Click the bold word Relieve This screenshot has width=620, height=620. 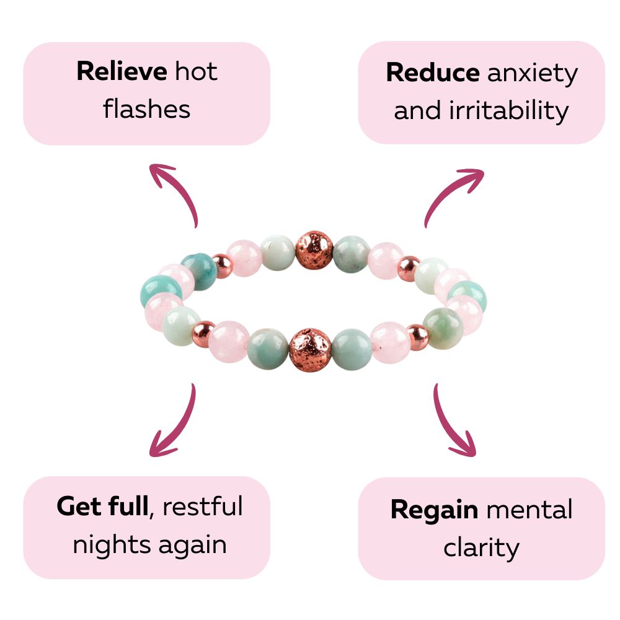click(122, 72)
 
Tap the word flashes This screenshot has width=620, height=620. click(147, 109)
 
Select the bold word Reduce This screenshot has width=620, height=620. click(432, 73)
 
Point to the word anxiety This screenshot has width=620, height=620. click(532, 73)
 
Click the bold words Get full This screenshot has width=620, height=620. click(102, 507)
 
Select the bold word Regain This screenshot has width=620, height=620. click(434, 510)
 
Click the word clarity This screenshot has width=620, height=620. click(481, 547)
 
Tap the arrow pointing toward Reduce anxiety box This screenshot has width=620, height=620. click(453, 193)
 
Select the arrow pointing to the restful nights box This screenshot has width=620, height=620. click(175, 422)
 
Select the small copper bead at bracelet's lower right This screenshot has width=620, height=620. click(417, 335)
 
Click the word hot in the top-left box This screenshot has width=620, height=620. click(196, 72)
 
